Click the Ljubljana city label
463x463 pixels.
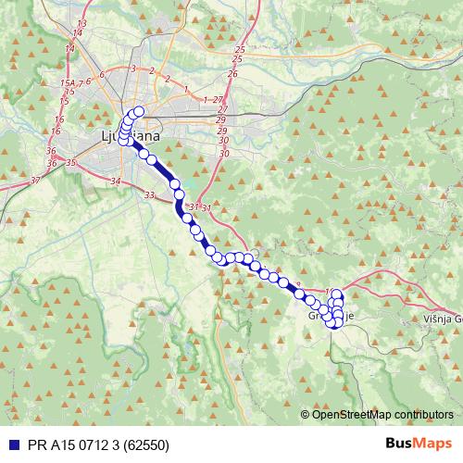point(129,136)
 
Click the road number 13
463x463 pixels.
point(81,22)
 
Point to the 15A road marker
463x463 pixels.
point(67,83)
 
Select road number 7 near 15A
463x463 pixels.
point(81,83)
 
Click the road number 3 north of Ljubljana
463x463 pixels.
point(133,69)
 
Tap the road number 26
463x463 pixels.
point(232,73)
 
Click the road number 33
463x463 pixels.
point(150,194)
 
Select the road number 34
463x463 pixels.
point(115,181)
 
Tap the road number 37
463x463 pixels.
point(35,179)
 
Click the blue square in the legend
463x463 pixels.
point(10,443)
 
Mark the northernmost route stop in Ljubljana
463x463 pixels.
point(140,112)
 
